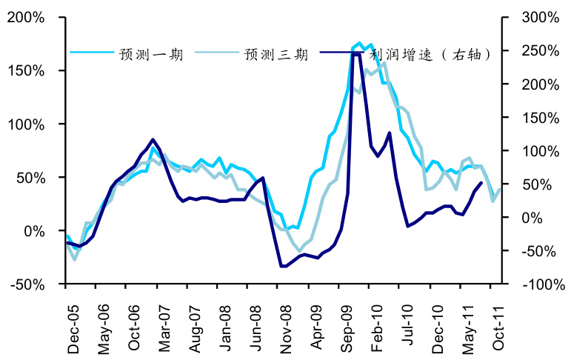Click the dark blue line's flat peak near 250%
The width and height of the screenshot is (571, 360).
(355, 54)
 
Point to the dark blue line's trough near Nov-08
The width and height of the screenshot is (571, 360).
(284, 266)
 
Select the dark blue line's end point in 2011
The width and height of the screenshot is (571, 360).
(482, 182)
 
